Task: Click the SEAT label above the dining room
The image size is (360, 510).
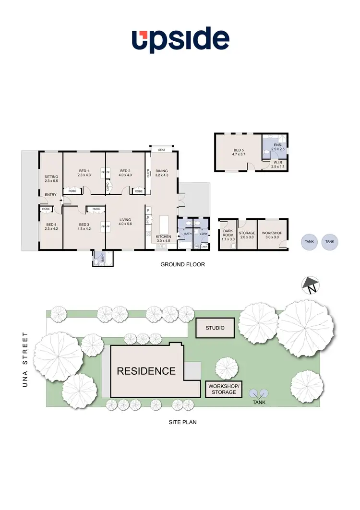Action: coord(162,150)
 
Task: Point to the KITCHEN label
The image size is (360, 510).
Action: coord(164,237)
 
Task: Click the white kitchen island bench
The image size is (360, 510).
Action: coord(164,225)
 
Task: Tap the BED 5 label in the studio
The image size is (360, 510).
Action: coord(239,151)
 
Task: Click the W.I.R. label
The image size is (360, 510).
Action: coord(278,164)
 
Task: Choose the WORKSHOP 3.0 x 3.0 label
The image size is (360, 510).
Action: coord(272,235)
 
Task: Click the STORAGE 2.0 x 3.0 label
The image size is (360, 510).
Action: coord(247,235)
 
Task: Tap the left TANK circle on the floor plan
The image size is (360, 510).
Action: coord(310,242)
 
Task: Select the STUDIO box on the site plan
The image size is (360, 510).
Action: coord(216,329)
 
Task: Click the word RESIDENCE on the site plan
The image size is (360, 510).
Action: coord(146,371)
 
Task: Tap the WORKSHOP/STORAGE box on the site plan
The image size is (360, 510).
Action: coord(221,389)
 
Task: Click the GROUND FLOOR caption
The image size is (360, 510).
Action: coord(182,264)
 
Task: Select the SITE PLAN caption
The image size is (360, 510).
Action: coord(182,423)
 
